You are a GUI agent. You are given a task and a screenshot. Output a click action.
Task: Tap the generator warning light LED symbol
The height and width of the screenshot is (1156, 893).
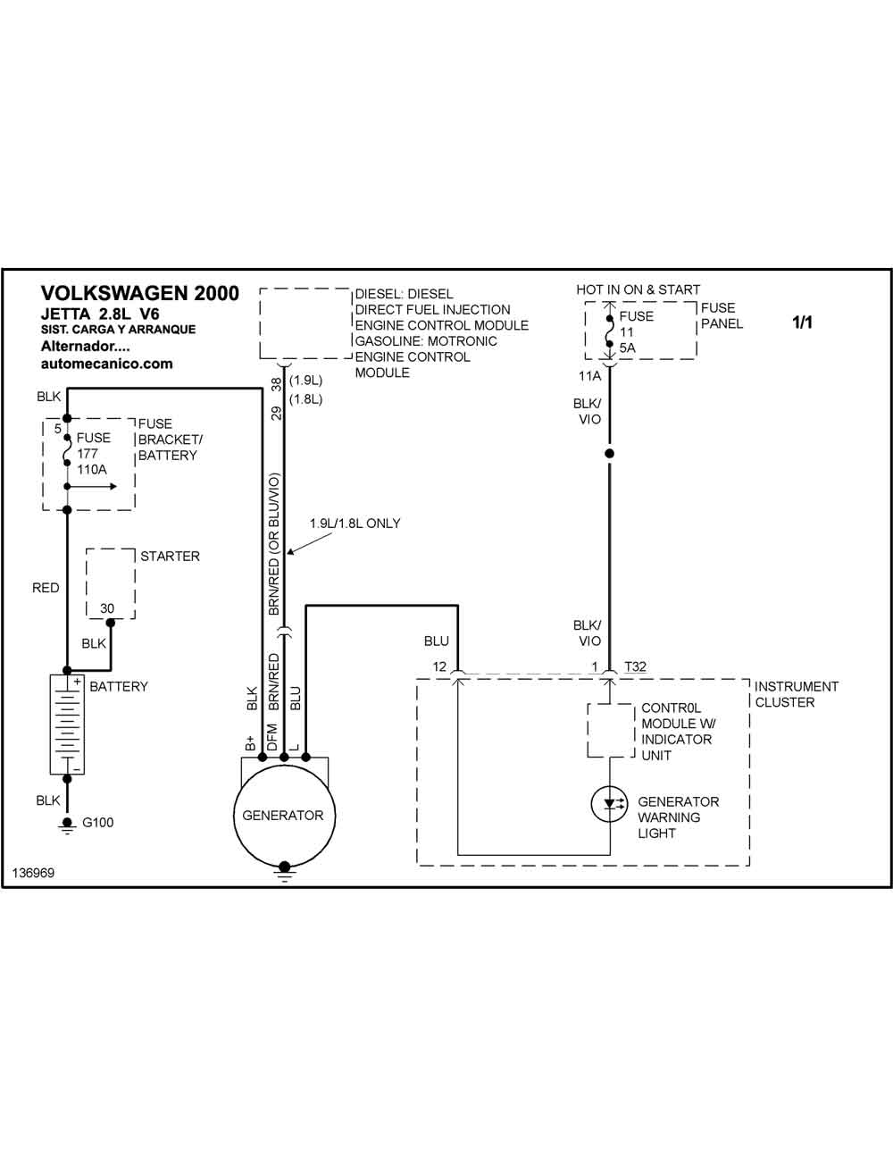point(610,804)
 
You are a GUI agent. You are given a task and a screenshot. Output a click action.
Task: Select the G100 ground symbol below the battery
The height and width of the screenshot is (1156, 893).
point(67,825)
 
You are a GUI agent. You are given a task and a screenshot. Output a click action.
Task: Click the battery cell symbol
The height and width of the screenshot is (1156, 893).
point(67,724)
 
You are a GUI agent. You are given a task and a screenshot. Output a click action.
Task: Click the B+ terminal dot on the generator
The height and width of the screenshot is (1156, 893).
point(262,757)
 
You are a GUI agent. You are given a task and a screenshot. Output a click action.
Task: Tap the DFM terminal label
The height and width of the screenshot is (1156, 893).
point(272,737)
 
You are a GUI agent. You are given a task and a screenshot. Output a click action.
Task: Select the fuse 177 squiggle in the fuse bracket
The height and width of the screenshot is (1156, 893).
point(67,450)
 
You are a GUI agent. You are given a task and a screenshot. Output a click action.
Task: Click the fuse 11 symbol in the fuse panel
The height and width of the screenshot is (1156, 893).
point(610,331)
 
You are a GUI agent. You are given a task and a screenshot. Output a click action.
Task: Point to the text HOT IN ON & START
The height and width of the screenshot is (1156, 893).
point(638,290)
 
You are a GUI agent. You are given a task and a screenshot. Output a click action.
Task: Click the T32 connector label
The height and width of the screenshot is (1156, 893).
point(635,666)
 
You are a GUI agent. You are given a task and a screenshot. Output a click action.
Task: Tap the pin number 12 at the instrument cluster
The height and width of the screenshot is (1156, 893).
point(439,666)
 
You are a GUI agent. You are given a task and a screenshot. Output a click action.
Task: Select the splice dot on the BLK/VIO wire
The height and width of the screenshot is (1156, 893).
point(610,453)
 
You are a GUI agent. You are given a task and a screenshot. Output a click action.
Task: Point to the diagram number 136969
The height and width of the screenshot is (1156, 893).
point(33,873)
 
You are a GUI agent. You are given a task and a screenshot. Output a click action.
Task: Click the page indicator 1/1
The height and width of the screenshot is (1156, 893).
point(802,323)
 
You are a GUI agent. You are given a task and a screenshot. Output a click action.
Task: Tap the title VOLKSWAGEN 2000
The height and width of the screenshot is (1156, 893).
point(140,293)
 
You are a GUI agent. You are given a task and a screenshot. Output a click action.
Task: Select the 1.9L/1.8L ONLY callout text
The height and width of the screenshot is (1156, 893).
point(355,524)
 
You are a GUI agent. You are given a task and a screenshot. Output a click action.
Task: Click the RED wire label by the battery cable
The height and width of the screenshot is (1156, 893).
point(46,588)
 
